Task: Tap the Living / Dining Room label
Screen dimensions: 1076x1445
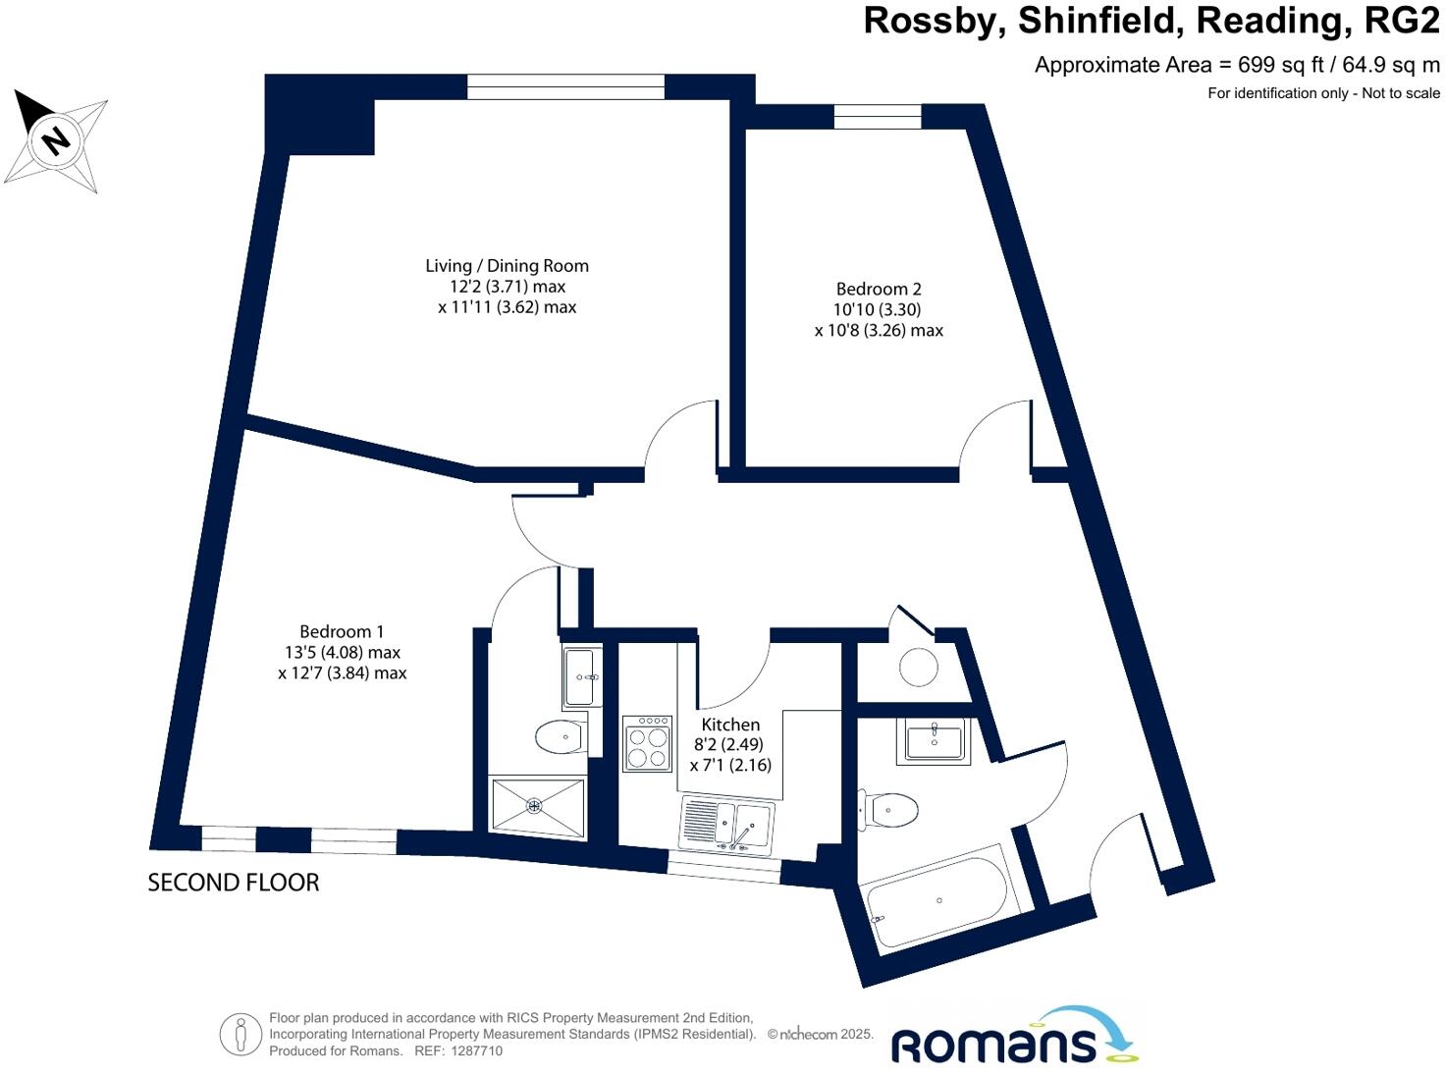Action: [x=507, y=266]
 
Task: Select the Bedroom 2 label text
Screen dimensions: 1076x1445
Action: [x=879, y=289]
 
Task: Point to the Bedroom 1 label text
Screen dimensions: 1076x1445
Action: [x=342, y=631]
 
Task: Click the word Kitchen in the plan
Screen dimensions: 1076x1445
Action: [x=730, y=725]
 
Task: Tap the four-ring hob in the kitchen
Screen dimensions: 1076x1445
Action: [x=648, y=744]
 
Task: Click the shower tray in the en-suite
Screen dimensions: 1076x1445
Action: [x=536, y=807]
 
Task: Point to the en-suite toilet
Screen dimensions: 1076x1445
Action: [x=561, y=736]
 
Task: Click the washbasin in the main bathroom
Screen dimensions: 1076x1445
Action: [x=933, y=741]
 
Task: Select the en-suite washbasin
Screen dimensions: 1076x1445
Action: [x=582, y=675]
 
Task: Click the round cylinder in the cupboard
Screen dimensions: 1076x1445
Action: [x=919, y=668]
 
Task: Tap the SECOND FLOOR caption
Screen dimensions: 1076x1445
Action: [x=234, y=883]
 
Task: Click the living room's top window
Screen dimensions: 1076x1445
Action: [x=565, y=87]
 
